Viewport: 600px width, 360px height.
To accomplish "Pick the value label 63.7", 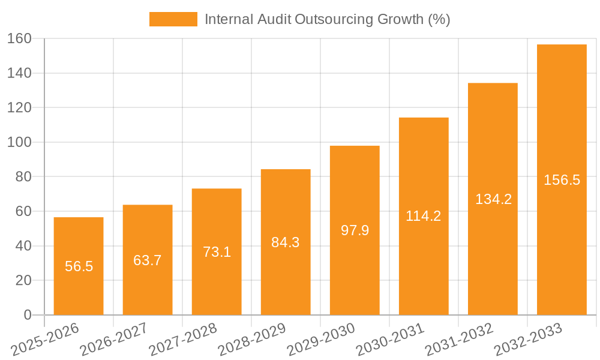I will pos(148,260).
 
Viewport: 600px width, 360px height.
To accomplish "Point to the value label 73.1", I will pos(217,252).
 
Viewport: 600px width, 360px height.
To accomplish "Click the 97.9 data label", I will pos(355,230).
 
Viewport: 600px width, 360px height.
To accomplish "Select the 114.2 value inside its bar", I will pos(424,216).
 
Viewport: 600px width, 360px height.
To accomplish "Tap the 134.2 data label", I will pos(493,199).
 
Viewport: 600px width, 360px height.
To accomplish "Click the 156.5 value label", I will pos(562,180).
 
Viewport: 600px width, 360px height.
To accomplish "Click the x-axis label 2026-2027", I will pos(113,340).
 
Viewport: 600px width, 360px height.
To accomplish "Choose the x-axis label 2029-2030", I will pos(321,340).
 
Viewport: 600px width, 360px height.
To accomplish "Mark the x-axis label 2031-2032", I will pos(459,340).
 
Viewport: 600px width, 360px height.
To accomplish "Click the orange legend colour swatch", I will pos(173,19).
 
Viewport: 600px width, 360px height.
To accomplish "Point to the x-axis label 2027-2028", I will pos(182,340).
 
